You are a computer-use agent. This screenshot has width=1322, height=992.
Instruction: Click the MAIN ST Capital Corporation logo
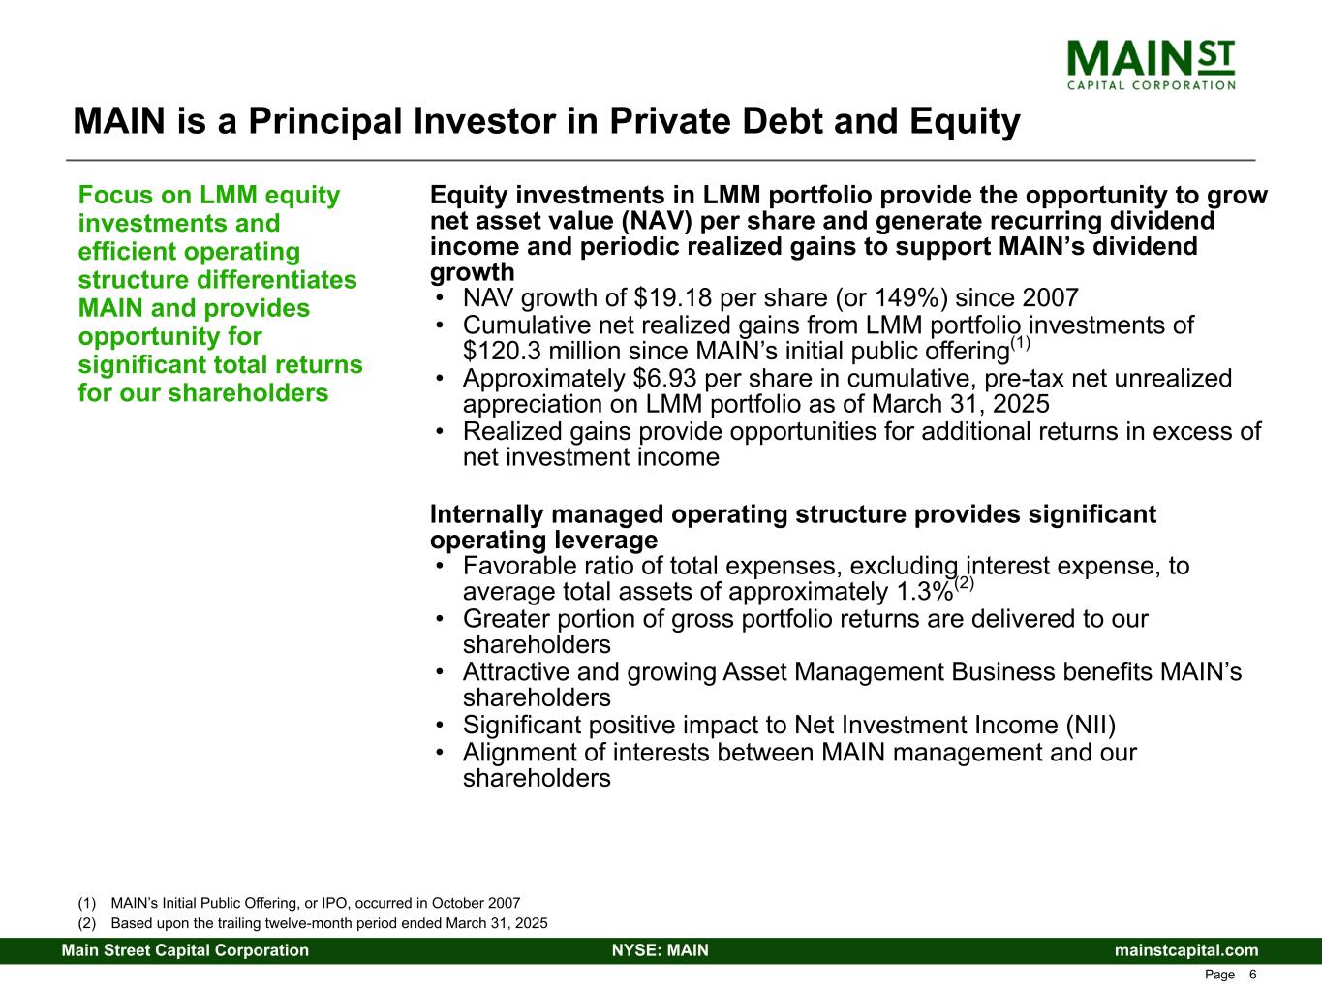(x=1151, y=65)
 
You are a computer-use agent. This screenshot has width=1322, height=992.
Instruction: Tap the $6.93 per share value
(x=665, y=378)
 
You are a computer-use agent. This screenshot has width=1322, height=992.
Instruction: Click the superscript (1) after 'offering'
(x=1020, y=343)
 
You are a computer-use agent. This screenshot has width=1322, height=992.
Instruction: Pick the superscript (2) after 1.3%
(x=965, y=583)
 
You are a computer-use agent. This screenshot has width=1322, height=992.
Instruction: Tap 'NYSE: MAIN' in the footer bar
(x=661, y=950)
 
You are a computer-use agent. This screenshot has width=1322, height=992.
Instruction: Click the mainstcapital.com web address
(x=1186, y=950)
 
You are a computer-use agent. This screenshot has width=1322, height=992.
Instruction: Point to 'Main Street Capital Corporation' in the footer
(x=185, y=950)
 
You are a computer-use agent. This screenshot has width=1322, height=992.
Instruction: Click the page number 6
(x=1252, y=975)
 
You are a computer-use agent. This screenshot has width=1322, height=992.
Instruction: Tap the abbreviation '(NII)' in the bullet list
(x=1091, y=725)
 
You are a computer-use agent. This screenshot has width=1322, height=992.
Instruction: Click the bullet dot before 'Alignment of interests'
(x=441, y=753)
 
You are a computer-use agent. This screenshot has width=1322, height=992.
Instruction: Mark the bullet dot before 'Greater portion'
(x=441, y=619)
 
